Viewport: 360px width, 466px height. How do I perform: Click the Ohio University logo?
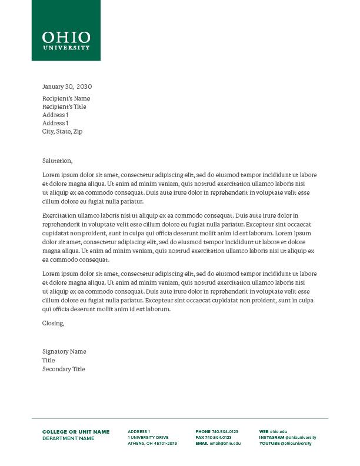(66, 39)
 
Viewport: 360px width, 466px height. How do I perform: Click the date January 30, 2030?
(67, 86)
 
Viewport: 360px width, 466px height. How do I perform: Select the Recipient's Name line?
(66, 98)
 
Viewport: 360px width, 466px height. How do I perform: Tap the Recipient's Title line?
(64, 106)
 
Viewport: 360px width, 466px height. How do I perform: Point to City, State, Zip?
(62, 131)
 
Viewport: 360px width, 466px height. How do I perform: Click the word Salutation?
(57, 161)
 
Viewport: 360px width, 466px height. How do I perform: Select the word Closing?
(53, 323)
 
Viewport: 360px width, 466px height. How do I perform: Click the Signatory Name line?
(64, 351)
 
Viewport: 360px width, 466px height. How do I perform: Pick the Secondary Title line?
(64, 369)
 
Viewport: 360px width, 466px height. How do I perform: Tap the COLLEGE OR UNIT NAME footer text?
(76, 432)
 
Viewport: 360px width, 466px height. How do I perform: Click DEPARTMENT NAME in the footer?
(68, 438)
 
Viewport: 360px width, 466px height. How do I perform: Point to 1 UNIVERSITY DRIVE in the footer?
(148, 438)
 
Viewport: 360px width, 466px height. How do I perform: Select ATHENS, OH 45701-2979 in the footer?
(152, 444)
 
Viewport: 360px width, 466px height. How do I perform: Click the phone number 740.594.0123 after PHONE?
(225, 432)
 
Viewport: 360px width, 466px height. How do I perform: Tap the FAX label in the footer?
(199, 438)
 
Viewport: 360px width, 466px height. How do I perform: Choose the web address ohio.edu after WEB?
(279, 432)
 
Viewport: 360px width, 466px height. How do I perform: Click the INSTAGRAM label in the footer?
(272, 438)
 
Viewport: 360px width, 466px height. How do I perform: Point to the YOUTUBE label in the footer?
(269, 444)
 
